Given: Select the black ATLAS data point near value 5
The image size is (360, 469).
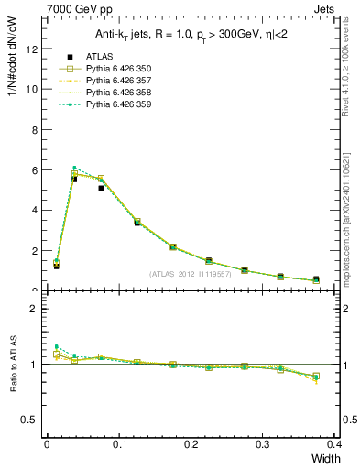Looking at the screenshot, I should tap(101, 188).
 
